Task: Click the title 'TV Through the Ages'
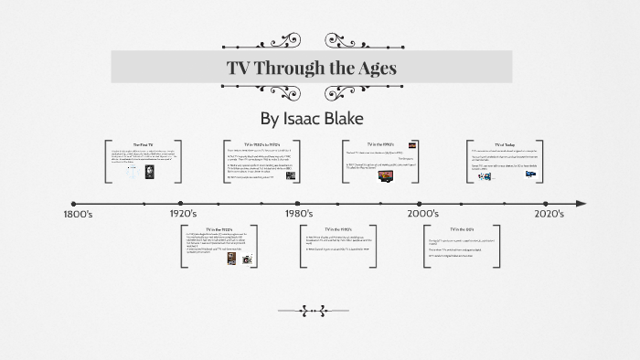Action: click(311, 68)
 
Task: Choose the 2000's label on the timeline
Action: click(422, 214)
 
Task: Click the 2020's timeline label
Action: click(549, 214)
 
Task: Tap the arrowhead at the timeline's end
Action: click(580, 203)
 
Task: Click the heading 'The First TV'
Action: click(143, 145)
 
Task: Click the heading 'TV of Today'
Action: click(506, 144)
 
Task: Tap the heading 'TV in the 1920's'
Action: click(219, 229)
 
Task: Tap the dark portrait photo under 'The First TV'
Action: click(152, 171)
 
